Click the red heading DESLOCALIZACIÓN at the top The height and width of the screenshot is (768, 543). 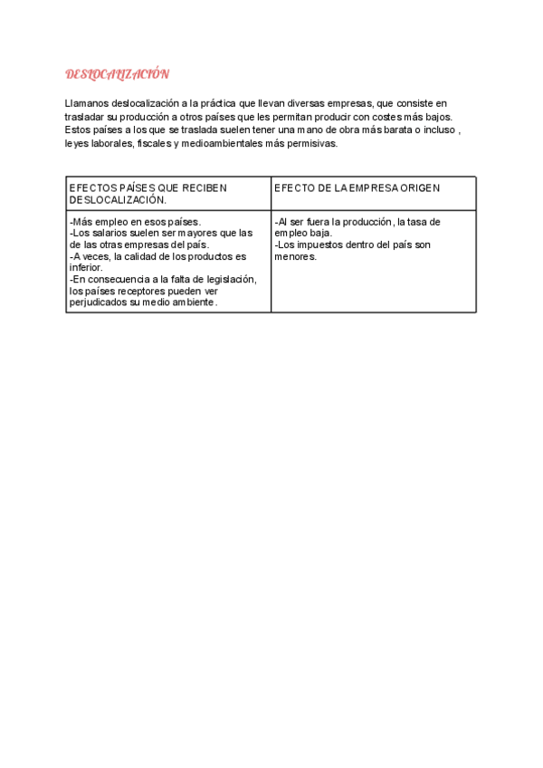pyautogui.click(x=118, y=73)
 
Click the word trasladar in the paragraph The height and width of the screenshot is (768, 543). pyautogui.click(x=87, y=117)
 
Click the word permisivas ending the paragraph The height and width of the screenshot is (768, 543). pyautogui.click(x=314, y=143)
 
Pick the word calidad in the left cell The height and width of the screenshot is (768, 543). pyautogui.click(x=133, y=256)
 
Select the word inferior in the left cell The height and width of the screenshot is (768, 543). pyautogui.click(x=86, y=268)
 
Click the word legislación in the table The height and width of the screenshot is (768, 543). pyautogui.click(x=230, y=279)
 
